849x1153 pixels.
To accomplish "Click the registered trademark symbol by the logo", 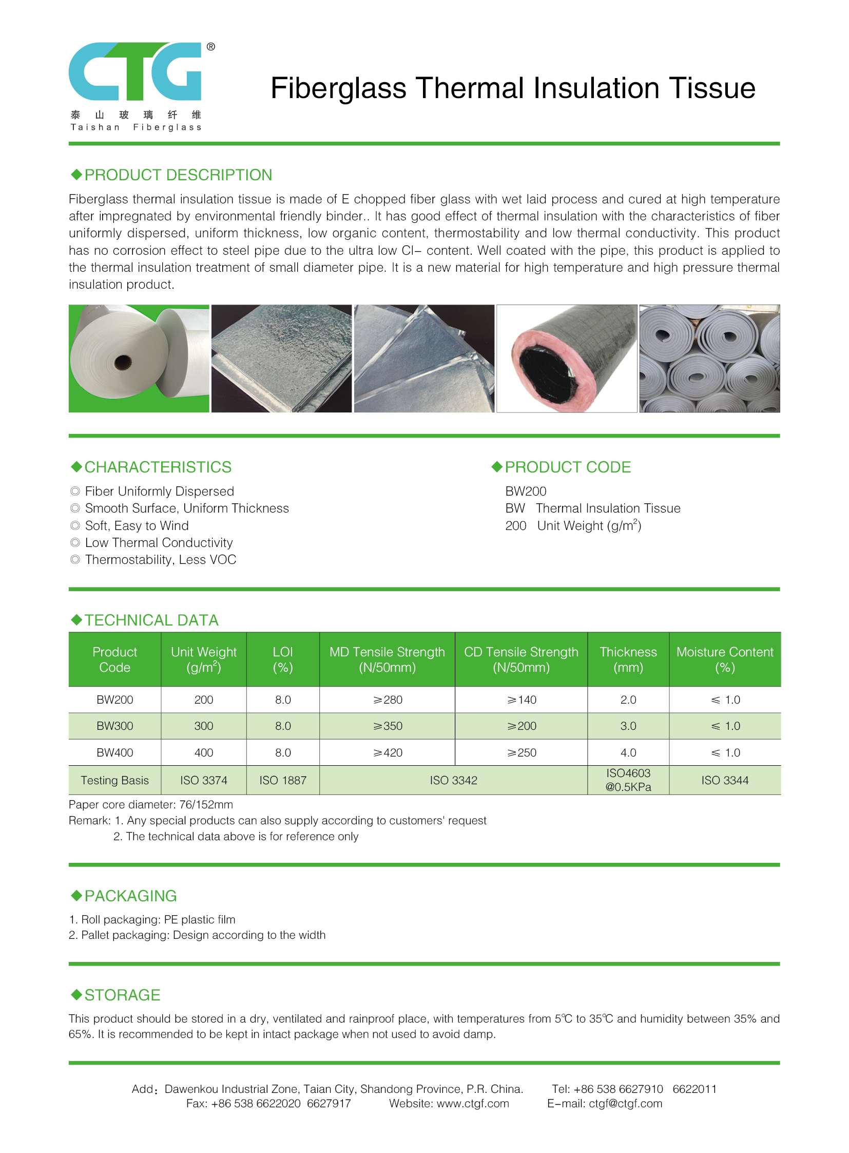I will (x=210, y=47).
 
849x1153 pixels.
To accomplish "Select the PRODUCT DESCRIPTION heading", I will (x=178, y=175).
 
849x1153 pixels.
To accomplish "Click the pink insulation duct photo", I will (x=566, y=358).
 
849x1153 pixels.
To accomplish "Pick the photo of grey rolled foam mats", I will (x=709, y=358).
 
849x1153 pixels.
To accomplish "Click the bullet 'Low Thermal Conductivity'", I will (x=159, y=542).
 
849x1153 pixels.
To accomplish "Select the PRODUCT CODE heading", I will (x=567, y=467).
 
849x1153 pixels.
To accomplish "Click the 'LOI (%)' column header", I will (x=283, y=659).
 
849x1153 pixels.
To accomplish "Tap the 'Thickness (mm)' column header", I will (x=628, y=659).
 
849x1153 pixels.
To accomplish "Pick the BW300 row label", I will (x=114, y=726).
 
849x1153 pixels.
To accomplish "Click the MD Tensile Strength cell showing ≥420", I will (x=388, y=752).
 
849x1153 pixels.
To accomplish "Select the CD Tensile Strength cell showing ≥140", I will (x=521, y=700).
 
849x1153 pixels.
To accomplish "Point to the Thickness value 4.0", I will (x=628, y=752).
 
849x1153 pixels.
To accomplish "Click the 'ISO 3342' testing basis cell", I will (x=453, y=780).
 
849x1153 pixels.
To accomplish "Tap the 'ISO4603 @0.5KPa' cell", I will (x=628, y=780).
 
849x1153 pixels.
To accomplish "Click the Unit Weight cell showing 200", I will (x=203, y=700).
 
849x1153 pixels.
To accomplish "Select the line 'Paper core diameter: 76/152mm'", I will (x=151, y=804).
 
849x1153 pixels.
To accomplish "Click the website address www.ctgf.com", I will (x=472, y=1103).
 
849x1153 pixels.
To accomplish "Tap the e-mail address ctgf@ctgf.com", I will (x=625, y=1103).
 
